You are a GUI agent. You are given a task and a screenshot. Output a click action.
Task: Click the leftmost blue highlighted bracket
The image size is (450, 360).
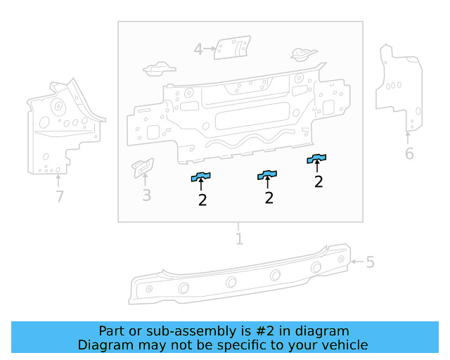pyautogui.click(x=202, y=176)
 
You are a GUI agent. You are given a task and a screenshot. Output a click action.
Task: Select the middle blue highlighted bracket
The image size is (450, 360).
pyautogui.click(x=267, y=174)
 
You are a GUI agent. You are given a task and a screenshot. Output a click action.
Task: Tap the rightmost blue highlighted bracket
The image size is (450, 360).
pyautogui.click(x=318, y=158)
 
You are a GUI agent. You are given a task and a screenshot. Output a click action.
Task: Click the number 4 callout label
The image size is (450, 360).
pyautogui.click(x=198, y=49)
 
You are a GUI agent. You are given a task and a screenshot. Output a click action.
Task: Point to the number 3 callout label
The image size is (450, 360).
pyautogui.click(x=146, y=195)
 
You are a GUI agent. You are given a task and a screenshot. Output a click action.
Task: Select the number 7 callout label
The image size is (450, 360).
pyautogui.click(x=60, y=197)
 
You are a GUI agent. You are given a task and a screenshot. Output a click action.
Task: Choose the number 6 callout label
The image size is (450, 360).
pyautogui.click(x=409, y=153)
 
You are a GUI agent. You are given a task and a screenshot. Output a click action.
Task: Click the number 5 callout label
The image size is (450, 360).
pyautogui.click(x=370, y=263)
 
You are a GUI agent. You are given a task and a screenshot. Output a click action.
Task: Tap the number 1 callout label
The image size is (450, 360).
pyautogui.click(x=239, y=239)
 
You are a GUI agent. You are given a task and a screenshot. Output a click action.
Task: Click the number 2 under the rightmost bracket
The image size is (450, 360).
pyautogui.click(x=319, y=182)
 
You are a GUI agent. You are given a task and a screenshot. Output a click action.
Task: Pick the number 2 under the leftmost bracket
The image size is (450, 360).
pyautogui.click(x=202, y=200)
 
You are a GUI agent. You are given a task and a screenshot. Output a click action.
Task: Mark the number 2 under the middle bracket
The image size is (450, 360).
pyautogui.click(x=269, y=198)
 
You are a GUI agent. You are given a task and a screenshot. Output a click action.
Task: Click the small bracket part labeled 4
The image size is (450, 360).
pyautogui.click(x=230, y=49)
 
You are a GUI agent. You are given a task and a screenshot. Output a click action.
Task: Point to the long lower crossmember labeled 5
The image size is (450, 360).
pyautogui.click(x=239, y=278)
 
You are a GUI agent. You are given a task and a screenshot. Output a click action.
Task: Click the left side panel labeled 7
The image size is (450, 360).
pyautogui.click(x=60, y=127)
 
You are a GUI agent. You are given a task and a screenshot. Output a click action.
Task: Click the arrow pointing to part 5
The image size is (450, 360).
pyautogui.click(x=356, y=262)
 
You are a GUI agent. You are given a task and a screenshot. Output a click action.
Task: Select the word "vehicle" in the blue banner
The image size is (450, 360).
pyautogui.click(x=344, y=345)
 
